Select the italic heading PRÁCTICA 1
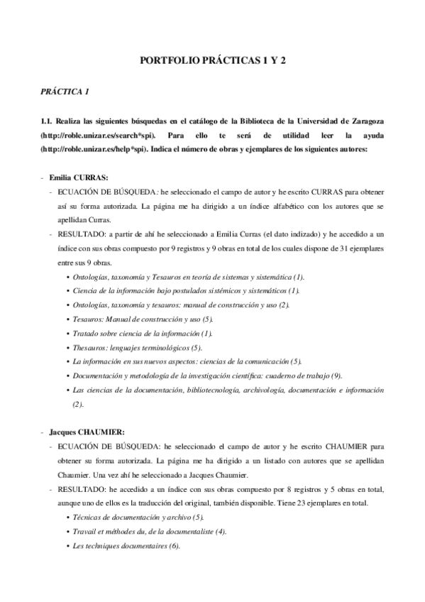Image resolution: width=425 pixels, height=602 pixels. pyautogui.click(x=65, y=92)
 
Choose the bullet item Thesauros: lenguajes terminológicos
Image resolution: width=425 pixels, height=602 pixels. pyautogui.click(x=137, y=347)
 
